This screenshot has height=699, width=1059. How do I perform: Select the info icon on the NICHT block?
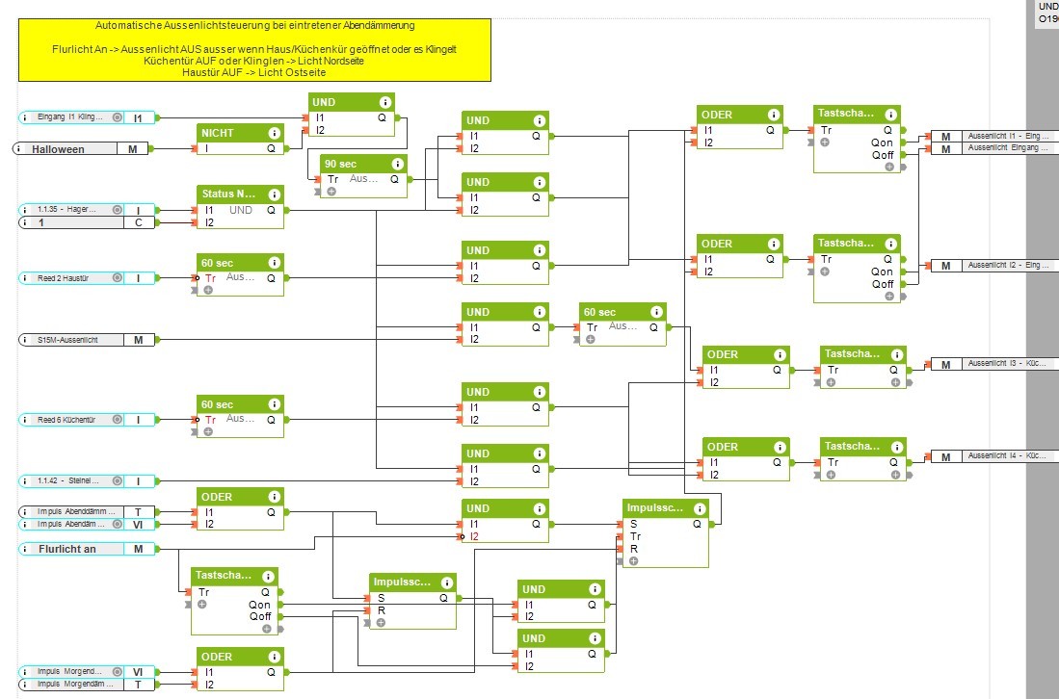click(274, 133)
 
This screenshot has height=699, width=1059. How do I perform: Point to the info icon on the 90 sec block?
click(397, 164)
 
